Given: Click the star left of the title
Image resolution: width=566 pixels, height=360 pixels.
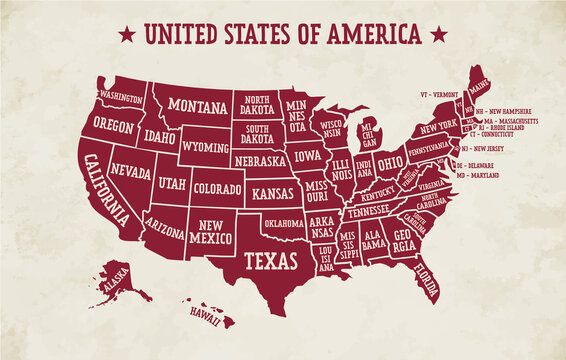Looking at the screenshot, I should click(x=127, y=34).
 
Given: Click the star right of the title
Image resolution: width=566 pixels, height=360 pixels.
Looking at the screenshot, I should click(x=437, y=34).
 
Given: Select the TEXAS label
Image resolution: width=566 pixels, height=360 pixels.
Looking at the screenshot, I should click(x=271, y=261).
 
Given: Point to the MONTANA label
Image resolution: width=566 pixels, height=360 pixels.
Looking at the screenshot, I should click(x=196, y=105).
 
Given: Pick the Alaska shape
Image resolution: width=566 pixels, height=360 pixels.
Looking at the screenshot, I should click(x=116, y=281).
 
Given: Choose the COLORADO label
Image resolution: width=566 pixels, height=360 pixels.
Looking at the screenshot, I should click(x=216, y=187).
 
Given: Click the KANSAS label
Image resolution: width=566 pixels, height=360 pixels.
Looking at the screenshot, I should click(x=273, y=192).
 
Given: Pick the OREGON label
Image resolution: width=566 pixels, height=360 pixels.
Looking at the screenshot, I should click(x=114, y=125).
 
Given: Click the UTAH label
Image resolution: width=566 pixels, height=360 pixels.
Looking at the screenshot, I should click(x=172, y=185).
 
